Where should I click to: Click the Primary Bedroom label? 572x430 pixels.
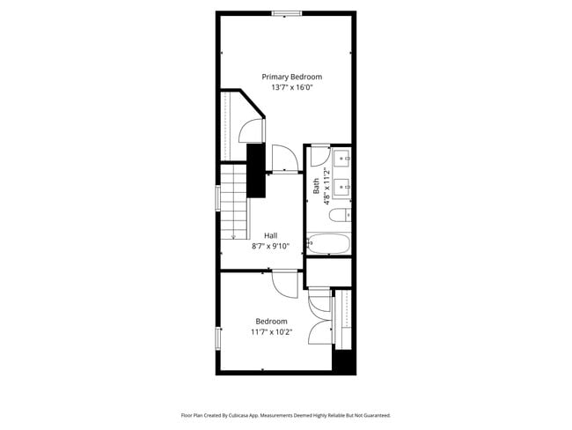pyautogui.click(x=291, y=78)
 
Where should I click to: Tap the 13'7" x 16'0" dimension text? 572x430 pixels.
pyautogui.click(x=291, y=88)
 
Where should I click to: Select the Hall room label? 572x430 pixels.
pyautogui.click(x=271, y=235)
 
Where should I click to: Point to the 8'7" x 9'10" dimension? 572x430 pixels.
pyautogui.click(x=271, y=247)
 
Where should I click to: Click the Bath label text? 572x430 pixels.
pyautogui.click(x=317, y=186)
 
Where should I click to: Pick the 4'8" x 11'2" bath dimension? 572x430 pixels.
pyautogui.click(x=326, y=186)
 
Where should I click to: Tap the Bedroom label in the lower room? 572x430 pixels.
pyautogui.click(x=271, y=322)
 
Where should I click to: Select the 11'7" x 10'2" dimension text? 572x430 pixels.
pyautogui.click(x=271, y=332)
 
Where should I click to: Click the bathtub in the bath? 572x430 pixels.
pyautogui.click(x=329, y=244)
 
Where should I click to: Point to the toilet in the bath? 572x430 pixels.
pyautogui.click(x=345, y=213)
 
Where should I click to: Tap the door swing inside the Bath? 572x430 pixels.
pyautogui.click(x=315, y=158)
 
